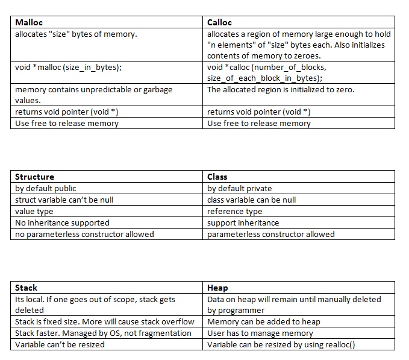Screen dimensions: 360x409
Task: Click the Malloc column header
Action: point(29,22)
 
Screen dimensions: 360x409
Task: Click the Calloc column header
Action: point(219,22)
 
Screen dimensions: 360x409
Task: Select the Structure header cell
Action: point(34,177)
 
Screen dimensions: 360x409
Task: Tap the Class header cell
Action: point(217,177)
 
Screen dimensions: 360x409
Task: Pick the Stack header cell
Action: point(26,288)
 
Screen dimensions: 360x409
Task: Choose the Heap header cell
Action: point(217,288)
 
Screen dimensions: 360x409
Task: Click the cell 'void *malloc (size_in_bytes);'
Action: point(68,67)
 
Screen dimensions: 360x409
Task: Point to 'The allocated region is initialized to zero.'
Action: point(281,89)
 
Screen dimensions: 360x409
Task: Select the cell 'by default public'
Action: point(46,188)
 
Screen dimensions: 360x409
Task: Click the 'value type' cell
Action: point(34,211)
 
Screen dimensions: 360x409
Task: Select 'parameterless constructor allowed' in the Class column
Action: point(270,234)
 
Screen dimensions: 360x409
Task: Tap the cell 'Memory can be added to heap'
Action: point(264,321)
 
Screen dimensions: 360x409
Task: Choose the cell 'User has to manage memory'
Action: point(260,333)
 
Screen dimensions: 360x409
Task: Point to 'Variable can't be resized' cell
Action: point(60,344)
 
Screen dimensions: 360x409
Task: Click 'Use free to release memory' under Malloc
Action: point(67,123)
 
